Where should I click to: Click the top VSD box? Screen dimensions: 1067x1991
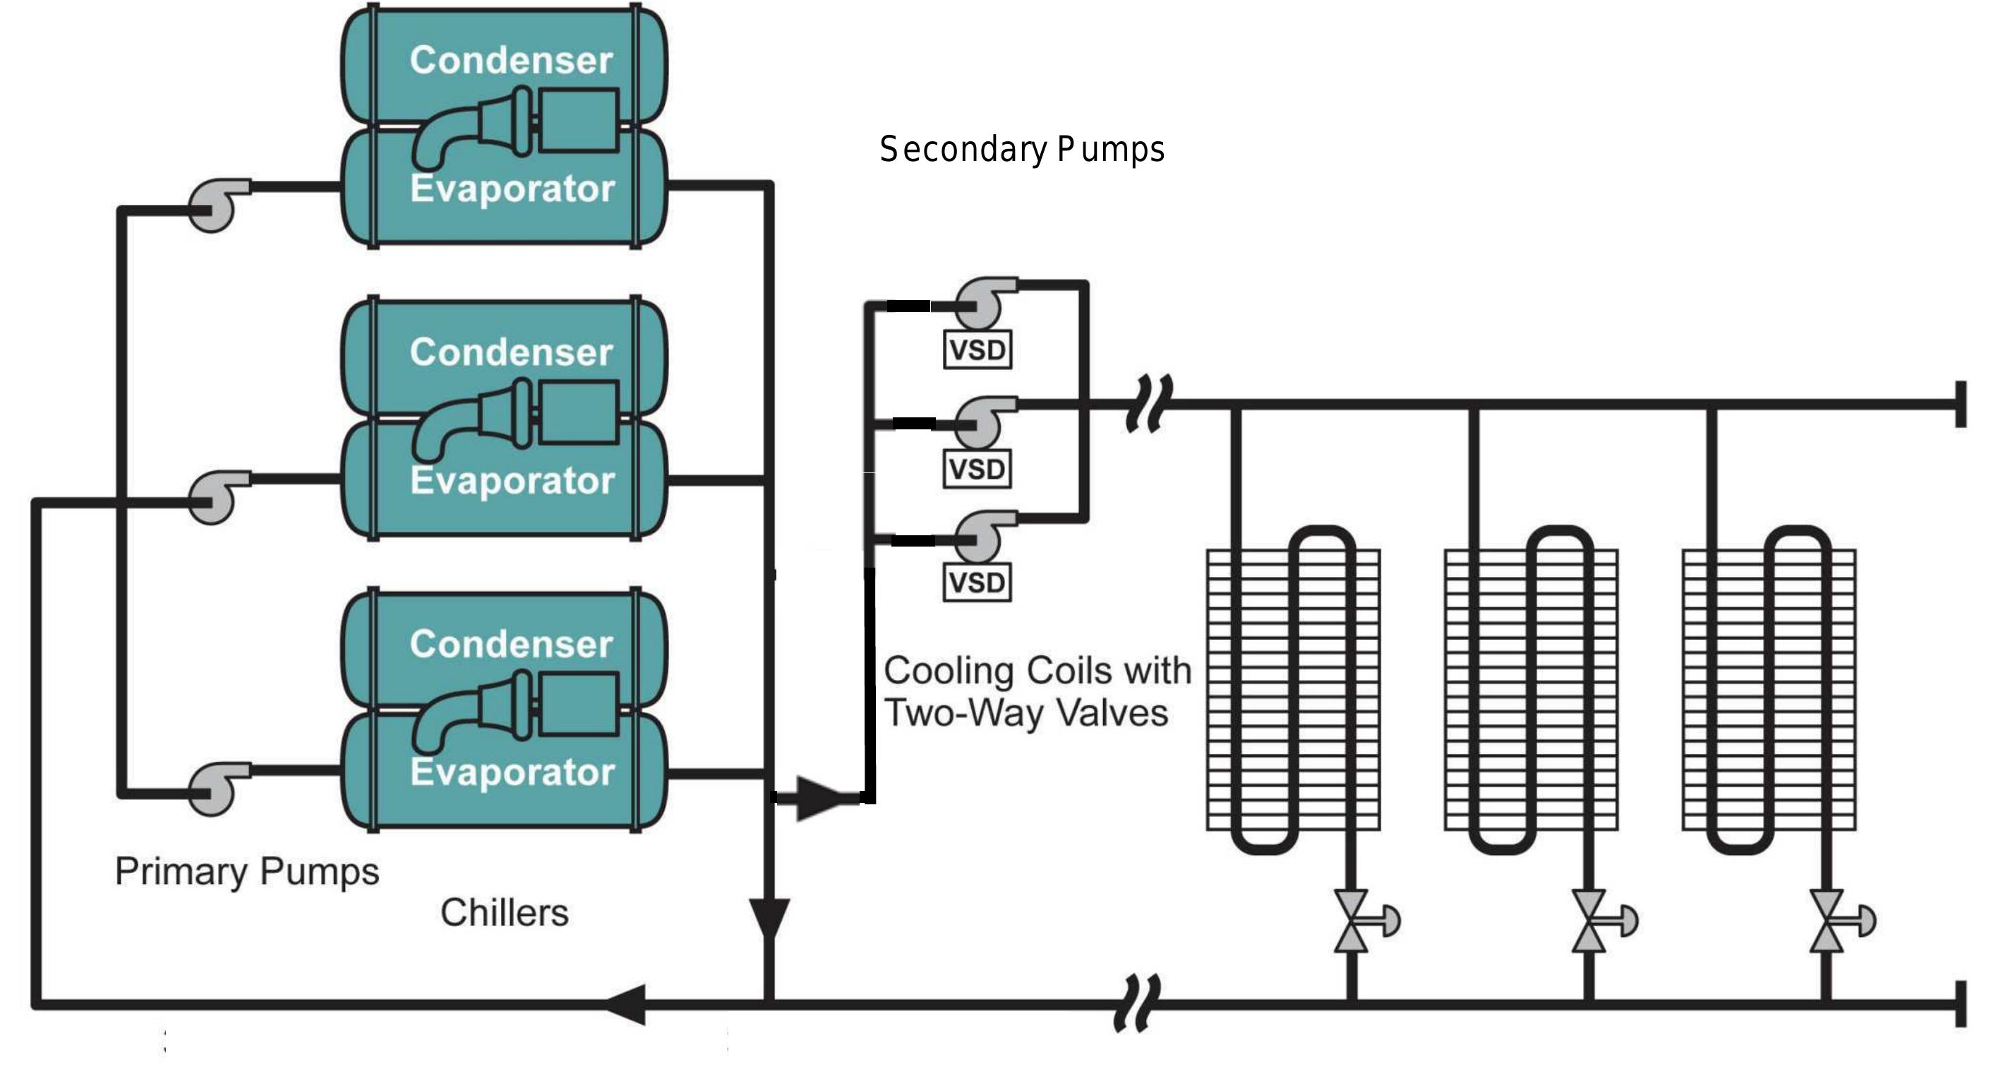[x=977, y=350]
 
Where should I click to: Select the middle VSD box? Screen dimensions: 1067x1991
[x=977, y=470]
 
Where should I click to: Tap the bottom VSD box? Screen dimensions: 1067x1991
[x=977, y=582]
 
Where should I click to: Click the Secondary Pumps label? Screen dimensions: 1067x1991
[x=1022, y=149]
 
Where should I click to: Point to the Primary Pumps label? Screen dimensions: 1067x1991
[x=246, y=871]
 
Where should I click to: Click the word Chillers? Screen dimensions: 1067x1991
[x=504, y=913]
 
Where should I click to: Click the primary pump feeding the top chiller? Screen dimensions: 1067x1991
[x=214, y=205]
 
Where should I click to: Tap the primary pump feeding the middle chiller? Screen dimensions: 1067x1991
[x=214, y=497]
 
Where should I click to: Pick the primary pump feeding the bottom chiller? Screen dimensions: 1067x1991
[x=214, y=789]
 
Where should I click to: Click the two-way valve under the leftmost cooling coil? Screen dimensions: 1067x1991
[x=1352, y=920]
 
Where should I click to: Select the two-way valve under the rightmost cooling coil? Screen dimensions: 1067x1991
[x=1828, y=920]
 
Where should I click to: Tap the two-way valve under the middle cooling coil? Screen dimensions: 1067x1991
[x=1590, y=920]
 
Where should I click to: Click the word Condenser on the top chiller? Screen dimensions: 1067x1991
[x=511, y=60]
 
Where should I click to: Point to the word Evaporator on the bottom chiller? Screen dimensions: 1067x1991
[x=512, y=773]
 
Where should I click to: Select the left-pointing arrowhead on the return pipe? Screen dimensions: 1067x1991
[x=627, y=1004]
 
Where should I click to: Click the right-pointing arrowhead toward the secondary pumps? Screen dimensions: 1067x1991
[x=818, y=797]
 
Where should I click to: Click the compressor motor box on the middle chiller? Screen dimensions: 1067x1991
[x=578, y=413]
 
